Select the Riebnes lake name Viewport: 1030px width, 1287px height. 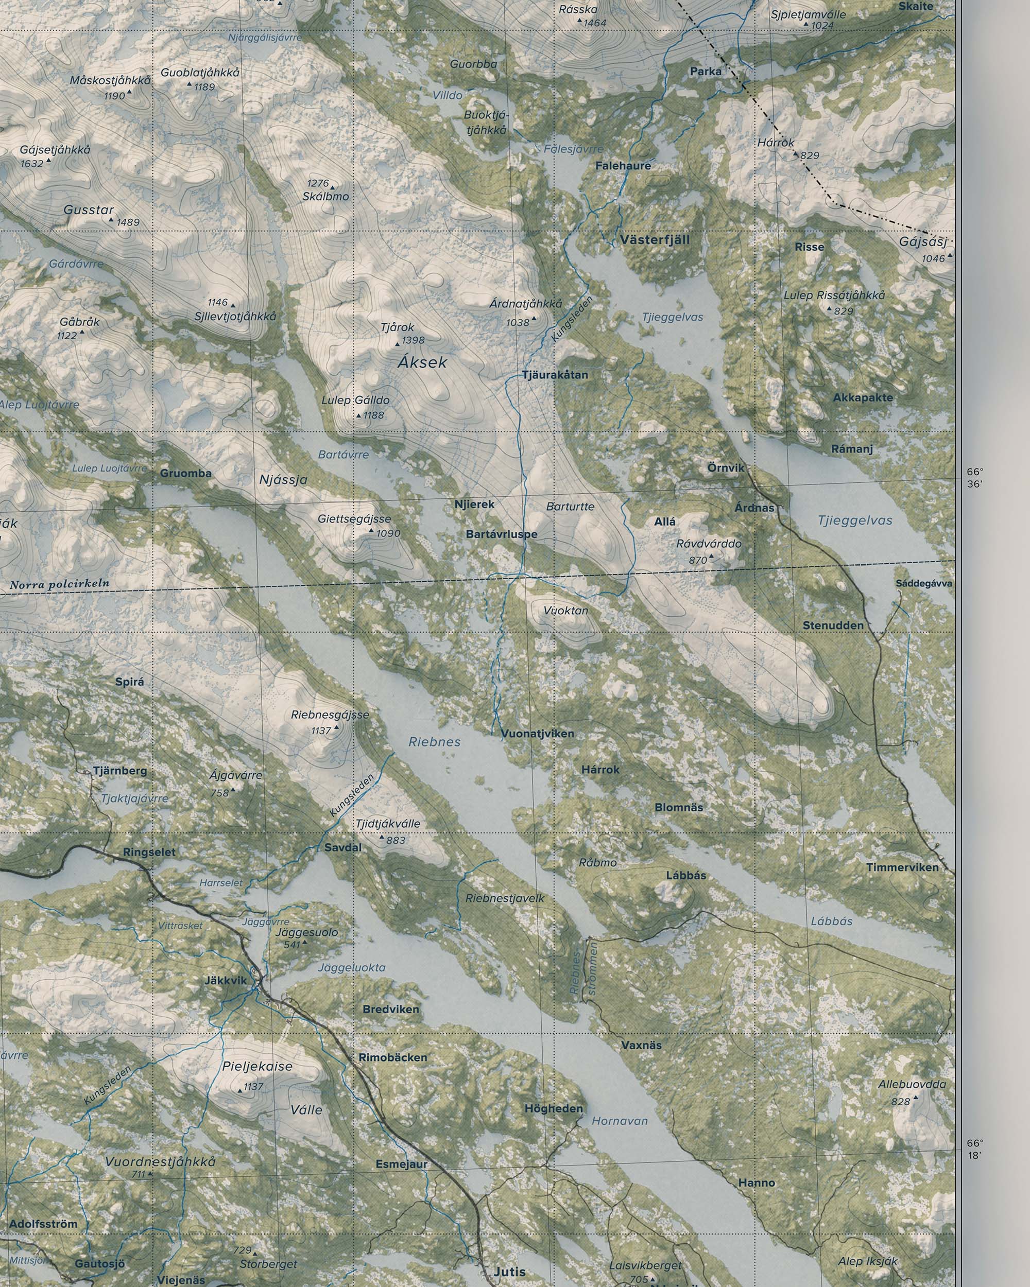tap(434, 742)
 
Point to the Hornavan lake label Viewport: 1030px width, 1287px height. tap(619, 1121)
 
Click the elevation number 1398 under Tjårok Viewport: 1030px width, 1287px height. tap(413, 340)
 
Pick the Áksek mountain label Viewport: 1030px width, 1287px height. tap(422, 362)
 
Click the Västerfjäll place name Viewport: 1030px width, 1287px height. tap(655, 240)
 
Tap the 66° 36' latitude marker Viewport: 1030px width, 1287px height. tap(974, 478)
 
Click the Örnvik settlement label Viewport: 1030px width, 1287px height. tap(726, 468)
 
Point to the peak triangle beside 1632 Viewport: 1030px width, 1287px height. tap(48, 161)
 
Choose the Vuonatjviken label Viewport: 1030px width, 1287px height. tap(537, 734)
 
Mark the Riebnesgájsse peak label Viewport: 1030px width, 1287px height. tap(330, 715)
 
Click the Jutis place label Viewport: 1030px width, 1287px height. tap(509, 1272)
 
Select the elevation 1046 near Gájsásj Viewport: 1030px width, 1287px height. tap(933, 258)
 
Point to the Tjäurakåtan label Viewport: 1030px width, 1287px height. tap(555, 375)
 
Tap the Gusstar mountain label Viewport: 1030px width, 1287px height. tap(89, 210)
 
